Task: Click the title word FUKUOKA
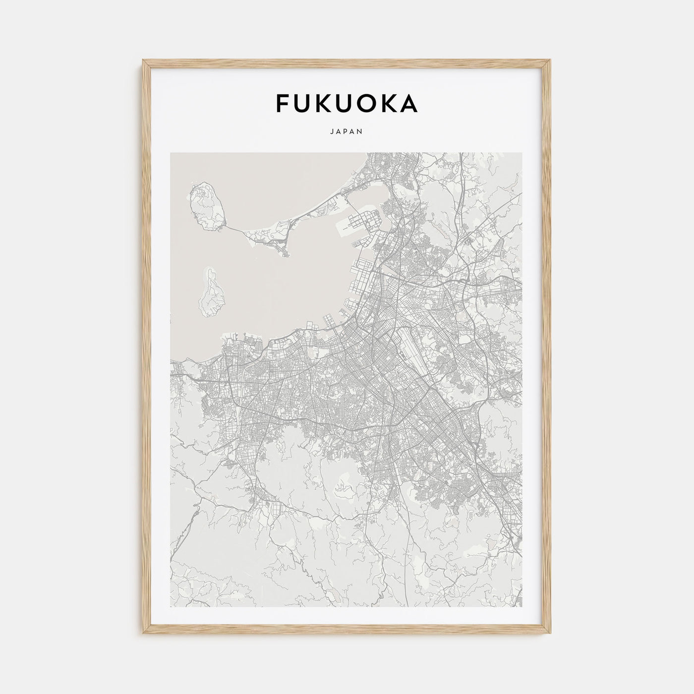(x=347, y=103)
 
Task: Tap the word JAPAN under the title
(x=347, y=132)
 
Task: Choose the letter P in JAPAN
(x=347, y=132)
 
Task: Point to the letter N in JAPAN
(x=361, y=132)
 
